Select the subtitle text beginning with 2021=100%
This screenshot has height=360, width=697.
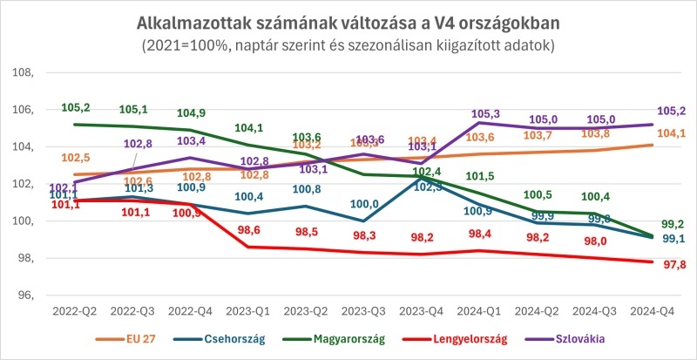(348, 43)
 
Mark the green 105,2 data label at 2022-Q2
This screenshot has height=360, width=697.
(76, 108)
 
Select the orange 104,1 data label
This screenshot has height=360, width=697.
(673, 133)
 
